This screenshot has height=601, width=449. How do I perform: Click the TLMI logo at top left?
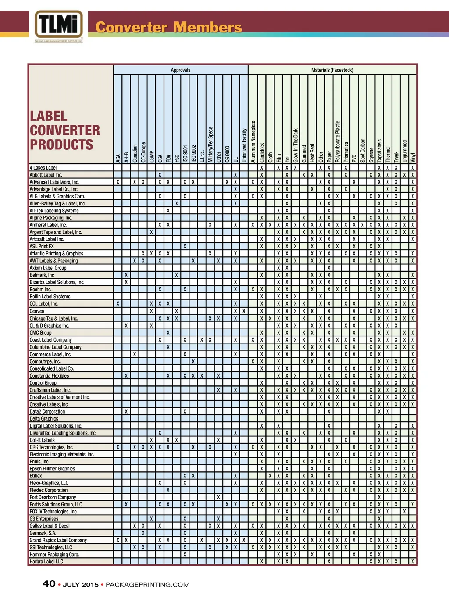pyautogui.click(x=59, y=25)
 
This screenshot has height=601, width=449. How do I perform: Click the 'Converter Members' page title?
pyautogui.click(x=168, y=27)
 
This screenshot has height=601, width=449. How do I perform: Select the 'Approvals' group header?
pyautogui.click(x=181, y=70)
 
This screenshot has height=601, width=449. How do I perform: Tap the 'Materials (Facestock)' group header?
pyautogui.click(x=332, y=70)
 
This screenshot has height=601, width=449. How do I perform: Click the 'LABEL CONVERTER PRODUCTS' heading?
pyautogui.click(x=64, y=131)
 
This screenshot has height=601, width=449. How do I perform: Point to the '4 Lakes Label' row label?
pyautogui.click(x=43, y=168)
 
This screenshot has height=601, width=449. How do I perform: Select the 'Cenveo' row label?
pyautogui.click(x=37, y=311)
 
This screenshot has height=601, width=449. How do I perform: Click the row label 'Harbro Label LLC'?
pyautogui.click(x=46, y=562)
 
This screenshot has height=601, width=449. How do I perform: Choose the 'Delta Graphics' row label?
pyautogui.click(x=44, y=419)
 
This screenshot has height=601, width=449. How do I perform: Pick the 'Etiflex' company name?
pyautogui.click(x=36, y=476)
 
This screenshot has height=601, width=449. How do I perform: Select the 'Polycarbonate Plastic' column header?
pyautogui.click(x=338, y=141)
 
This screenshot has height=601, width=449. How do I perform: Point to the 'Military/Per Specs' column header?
pyautogui.click(x=210, y=145)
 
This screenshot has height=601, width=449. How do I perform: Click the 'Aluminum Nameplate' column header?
pyautogui.click(x=253, y=141)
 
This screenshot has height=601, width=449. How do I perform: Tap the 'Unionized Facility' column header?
pyautogui.click(x=244, y=145)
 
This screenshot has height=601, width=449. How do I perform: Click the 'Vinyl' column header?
pyautogui.click(x=413, y=157)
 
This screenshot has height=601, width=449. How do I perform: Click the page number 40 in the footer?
pyautogui.click(x=49, y=584)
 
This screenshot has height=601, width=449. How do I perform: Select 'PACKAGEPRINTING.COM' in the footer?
pyautogui.click(x=148, y=584)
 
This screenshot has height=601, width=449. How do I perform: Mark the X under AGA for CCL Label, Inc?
pyautogui.click(x=118, y=304)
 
